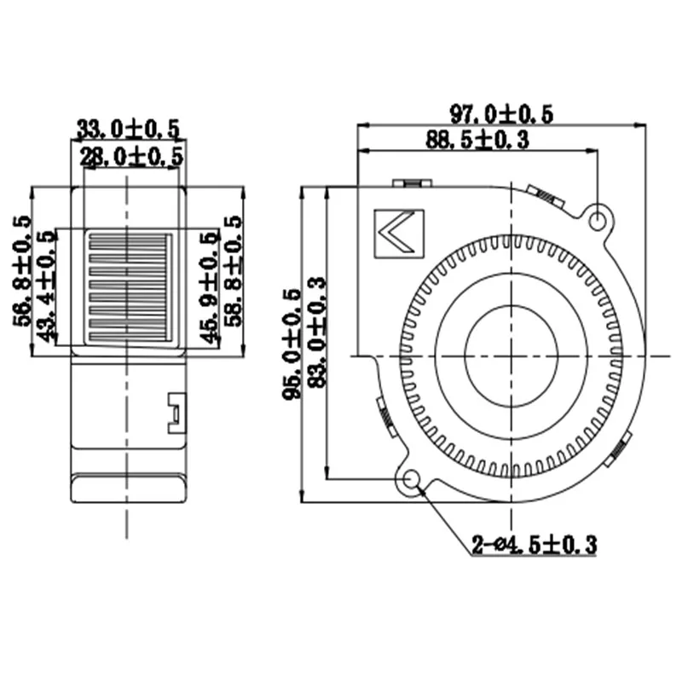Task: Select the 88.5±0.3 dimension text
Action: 477,141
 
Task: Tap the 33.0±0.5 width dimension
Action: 129,129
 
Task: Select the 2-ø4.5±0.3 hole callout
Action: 534,544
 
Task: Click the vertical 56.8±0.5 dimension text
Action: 23,271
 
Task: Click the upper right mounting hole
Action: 599,218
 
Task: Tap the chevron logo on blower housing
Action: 399,233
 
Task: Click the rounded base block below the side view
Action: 128,489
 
